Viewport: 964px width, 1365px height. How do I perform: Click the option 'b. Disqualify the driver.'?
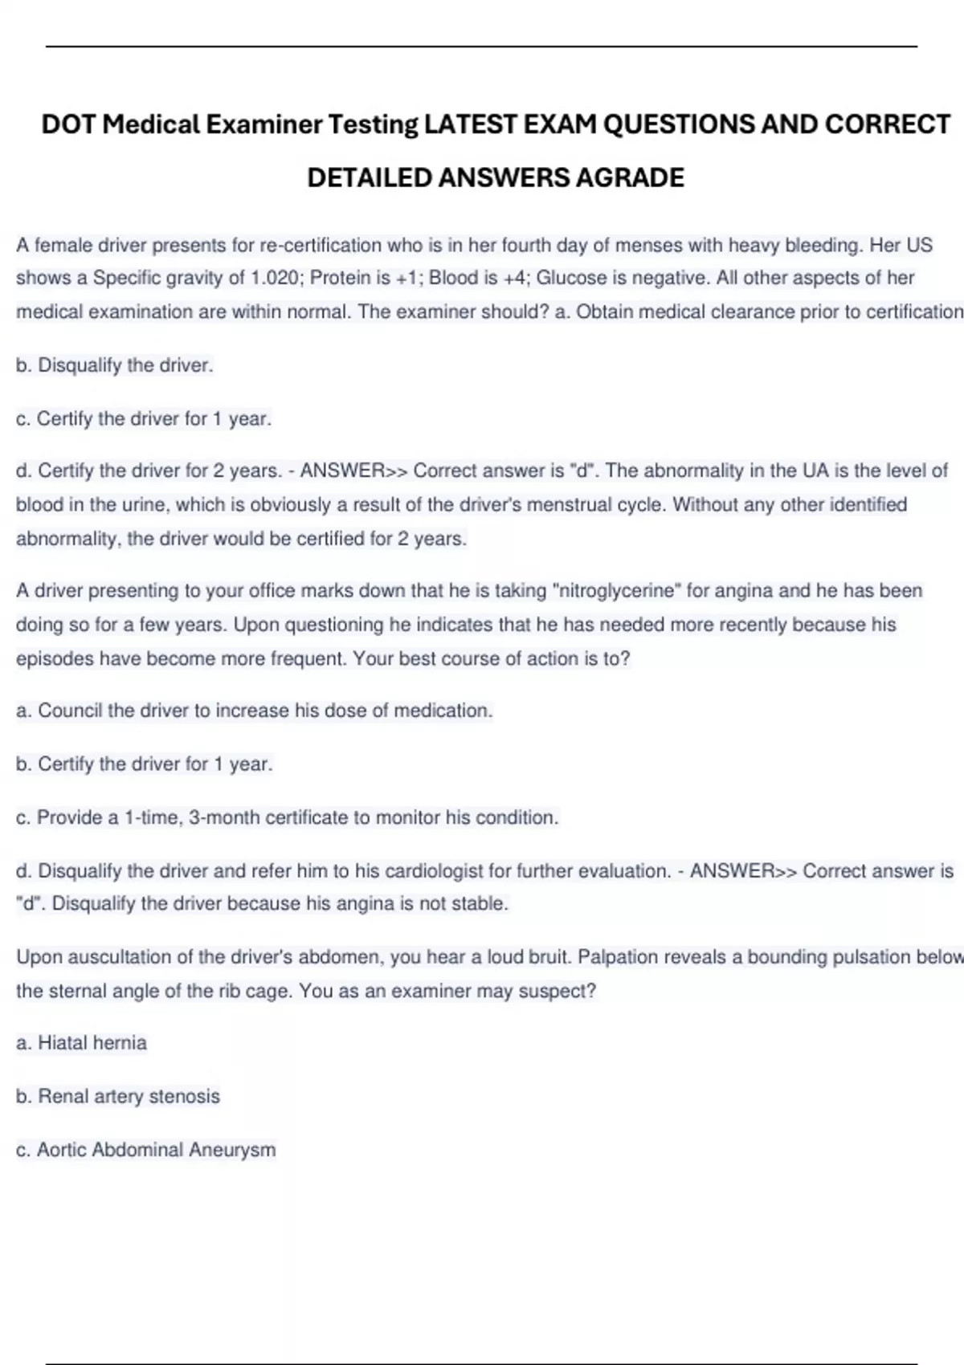point(114,365)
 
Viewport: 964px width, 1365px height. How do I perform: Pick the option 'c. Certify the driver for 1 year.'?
point(144,418)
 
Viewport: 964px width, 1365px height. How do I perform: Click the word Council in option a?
point(70,711)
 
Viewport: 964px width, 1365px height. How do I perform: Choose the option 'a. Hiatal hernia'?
point(81,1043)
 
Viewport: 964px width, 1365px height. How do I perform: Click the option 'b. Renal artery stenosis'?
point(117,1096)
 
